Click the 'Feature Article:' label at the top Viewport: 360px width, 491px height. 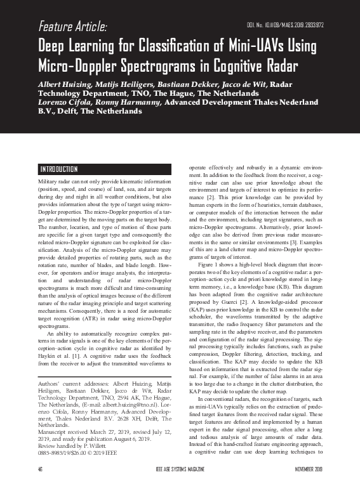click(72, 27)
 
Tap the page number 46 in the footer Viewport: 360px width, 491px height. click(40, 485)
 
